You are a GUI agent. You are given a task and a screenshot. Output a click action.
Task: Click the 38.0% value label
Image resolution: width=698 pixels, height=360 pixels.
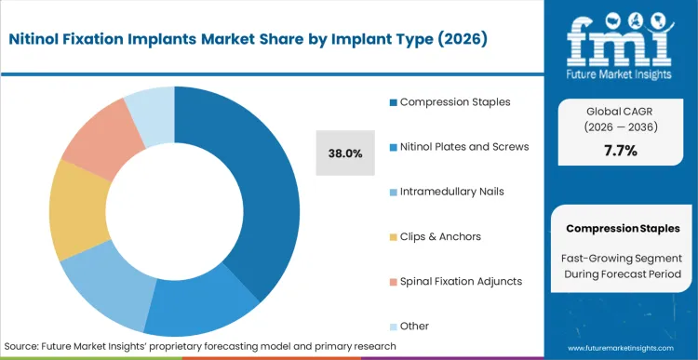point(345,153)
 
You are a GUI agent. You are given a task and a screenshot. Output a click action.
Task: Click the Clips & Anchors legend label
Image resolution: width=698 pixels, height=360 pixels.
point(440,236)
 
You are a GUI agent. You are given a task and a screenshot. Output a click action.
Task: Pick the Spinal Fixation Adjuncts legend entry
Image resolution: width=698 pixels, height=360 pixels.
point(461,281)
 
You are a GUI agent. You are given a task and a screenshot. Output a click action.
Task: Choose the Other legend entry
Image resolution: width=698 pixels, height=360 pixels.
point(414,326)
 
